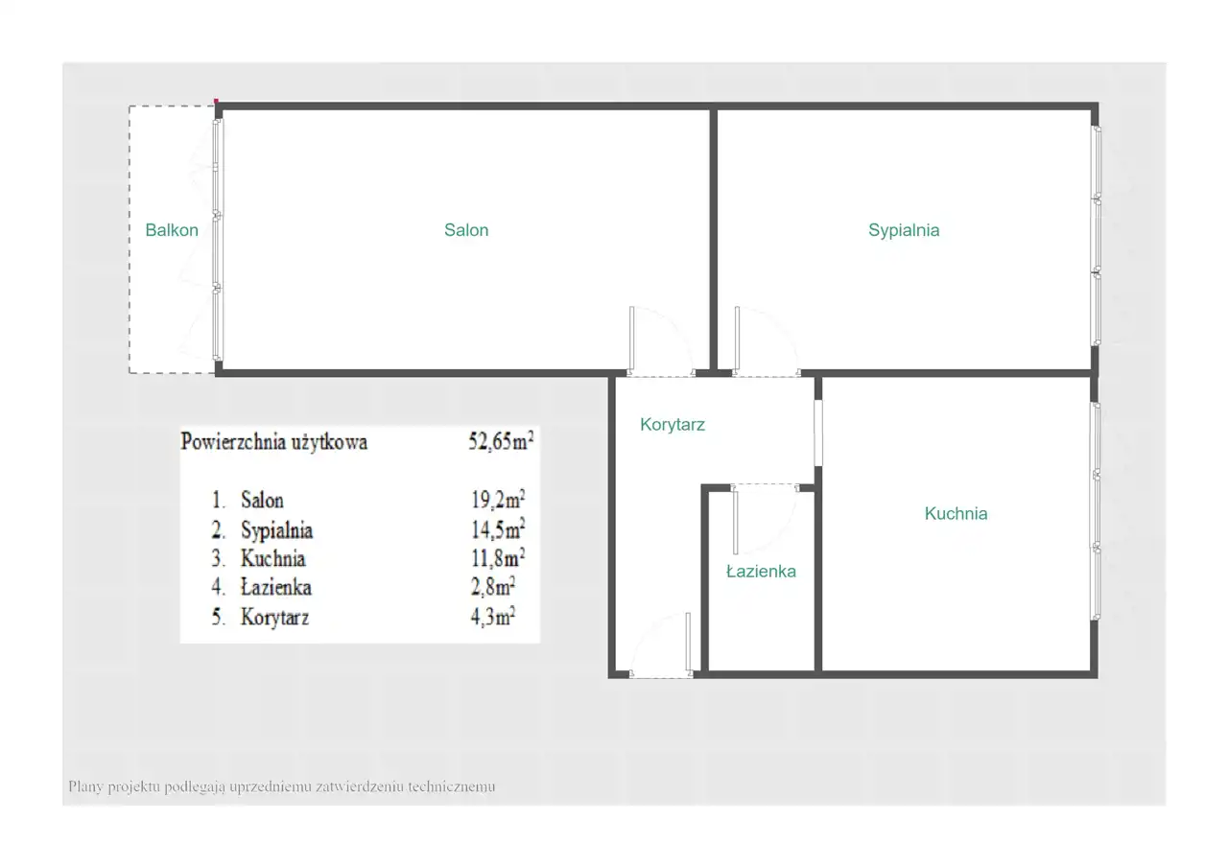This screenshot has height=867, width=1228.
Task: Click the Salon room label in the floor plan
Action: pyautogui.click(x=466, y=230)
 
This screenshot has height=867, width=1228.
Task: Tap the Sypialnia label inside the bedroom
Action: pyautogui.click(x=904, y=231)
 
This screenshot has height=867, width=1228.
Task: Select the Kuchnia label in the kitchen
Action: pyautogui.click(x=956, y=513)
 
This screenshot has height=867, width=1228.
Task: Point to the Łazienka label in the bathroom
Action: pyautogui.click(x=761, y=572)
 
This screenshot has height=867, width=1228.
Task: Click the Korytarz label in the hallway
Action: pyautogui.click(x=673, y=425)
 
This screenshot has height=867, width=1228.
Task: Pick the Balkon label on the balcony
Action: pyautogui.click(x=172, y=230)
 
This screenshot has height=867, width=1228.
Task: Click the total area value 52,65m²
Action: pyautogui.click(x=501, y=440)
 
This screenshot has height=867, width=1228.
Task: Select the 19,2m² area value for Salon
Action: pyautogui.click(x=498, y=500)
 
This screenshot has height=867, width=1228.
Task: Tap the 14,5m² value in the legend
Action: pyautogui.click(x=498, y=528)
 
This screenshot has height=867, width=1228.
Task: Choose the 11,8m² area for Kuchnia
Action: pyautogui.click(x=498, y=558)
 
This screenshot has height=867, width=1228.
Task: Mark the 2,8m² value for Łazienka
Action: pyautogui.click(x=493, y=587)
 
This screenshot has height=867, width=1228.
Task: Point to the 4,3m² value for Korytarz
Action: pyautogui.click(x=493, y=617)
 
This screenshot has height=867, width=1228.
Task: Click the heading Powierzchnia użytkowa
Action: pyautogui.click(x=274, y=443)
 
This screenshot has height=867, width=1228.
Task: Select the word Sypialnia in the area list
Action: pyautogui.click(x=277, y=530)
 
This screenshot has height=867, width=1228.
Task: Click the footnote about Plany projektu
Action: pyautogui.click(x=282, y=787)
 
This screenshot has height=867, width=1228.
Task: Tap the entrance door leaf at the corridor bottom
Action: pyautogui.click(x=689, y=642)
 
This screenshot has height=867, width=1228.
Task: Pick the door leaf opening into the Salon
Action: pyautogui.click(x=631, y=338)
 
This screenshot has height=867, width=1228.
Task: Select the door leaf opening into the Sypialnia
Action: pyautogui.click(x=737, y=338)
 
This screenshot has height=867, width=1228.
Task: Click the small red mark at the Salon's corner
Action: pyautogui.click(x=216, y=101)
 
